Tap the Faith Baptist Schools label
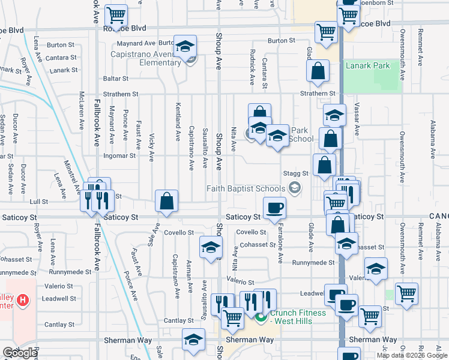tap(246, 188)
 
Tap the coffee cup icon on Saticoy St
tap(274, 208)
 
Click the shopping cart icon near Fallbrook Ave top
tap(116, 14)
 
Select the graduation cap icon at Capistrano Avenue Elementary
tap(185, 46)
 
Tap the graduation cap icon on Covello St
tap(210, 247)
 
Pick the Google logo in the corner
tap(20, 353)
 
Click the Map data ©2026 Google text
tap(411, 355)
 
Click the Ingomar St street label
tap(119, 156)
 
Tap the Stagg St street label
tap(297, 173)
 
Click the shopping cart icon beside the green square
tap(406, 293)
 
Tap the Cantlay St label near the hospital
tap(58, 325)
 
